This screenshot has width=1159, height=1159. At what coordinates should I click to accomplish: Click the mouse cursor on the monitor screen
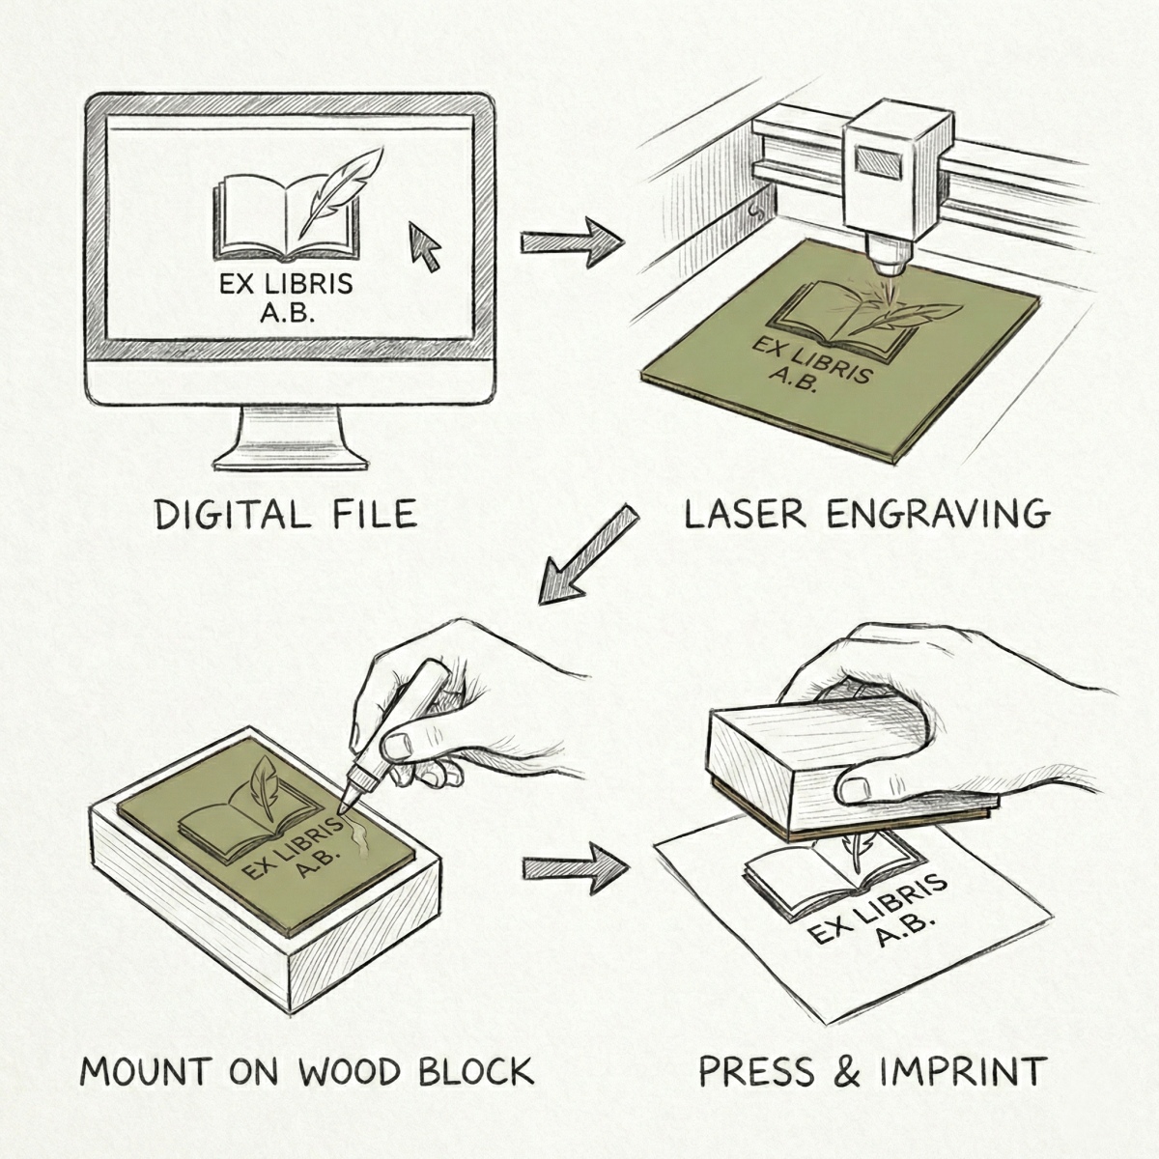pos(423,245)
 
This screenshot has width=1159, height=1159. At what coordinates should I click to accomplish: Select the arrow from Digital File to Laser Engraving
pos(572,241)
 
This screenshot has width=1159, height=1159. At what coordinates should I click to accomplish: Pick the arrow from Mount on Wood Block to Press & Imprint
pos(575,868)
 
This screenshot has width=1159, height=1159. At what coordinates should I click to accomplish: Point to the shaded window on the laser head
pos(879,162)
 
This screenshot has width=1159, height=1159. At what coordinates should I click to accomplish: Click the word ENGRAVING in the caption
pos(939,516)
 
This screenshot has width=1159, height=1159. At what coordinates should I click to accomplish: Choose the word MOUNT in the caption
pos(146,1088)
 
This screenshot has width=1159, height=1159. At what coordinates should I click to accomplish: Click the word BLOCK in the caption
pos(476,1088)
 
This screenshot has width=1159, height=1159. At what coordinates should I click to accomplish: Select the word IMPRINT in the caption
pos(960,1088)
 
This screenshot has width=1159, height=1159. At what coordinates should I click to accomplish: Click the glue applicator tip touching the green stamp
pos(344,809)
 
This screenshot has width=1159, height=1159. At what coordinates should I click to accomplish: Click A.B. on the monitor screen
pos(288,313)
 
